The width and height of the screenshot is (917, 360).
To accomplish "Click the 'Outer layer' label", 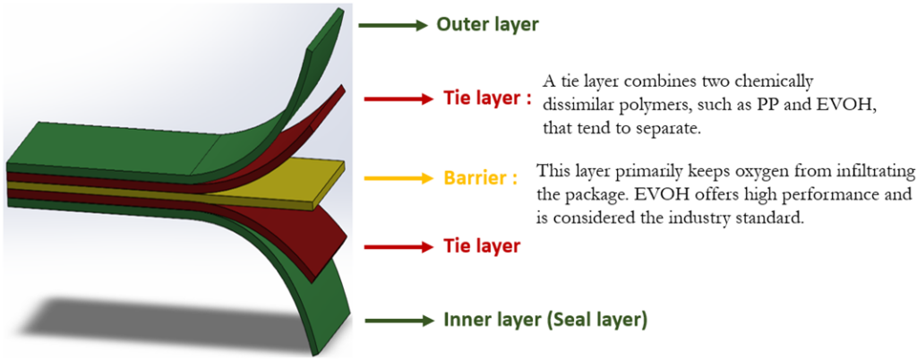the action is click(x=486, y=25).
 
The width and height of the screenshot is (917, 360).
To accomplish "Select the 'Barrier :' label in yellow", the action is click(x=481, y=178).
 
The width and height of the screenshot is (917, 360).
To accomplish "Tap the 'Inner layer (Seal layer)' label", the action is click(x=545, y=321).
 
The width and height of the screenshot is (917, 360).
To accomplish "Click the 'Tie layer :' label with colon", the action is click(x=486, y=99).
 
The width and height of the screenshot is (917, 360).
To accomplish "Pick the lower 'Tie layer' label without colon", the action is click(x=481, y=246).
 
